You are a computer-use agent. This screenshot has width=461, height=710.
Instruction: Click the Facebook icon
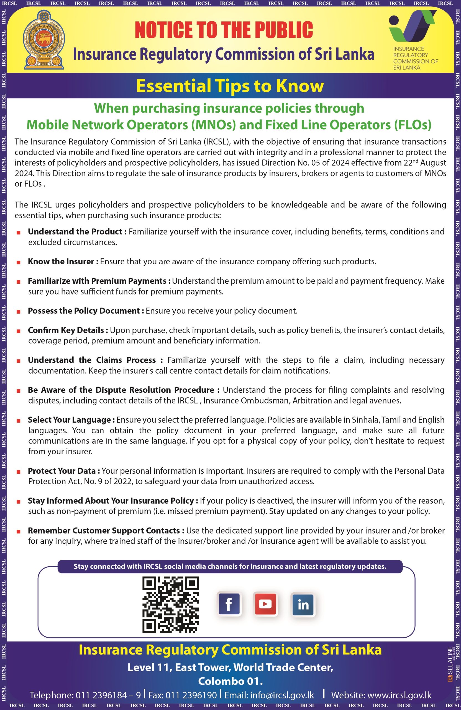(229, 604)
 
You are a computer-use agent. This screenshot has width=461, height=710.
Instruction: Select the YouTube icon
(265, 604)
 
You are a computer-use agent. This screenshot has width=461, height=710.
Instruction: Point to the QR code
(170, 604)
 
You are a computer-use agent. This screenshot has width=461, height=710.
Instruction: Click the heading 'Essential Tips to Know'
(230, 86)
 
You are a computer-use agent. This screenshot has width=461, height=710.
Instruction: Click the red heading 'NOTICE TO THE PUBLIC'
(224, 30)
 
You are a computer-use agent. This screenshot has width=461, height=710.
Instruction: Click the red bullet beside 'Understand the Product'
(19, 232)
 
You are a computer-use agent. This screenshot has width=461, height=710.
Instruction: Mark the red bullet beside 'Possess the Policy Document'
(19, 311)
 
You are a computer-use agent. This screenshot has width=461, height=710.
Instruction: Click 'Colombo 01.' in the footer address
(230, 681)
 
